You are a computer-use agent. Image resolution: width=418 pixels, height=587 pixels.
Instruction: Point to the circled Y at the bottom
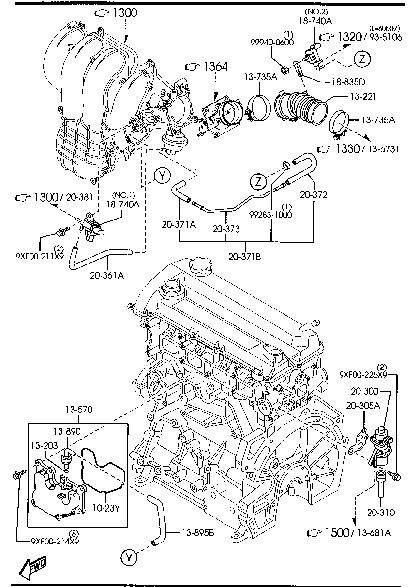(128, 558)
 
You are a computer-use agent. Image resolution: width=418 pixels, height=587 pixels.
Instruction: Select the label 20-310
(381, 513)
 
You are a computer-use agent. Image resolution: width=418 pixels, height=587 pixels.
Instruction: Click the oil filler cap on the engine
(200, 264)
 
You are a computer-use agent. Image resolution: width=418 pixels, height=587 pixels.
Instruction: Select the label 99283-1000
(270, 214)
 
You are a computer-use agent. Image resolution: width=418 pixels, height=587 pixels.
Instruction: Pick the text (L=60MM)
(385, 29)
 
